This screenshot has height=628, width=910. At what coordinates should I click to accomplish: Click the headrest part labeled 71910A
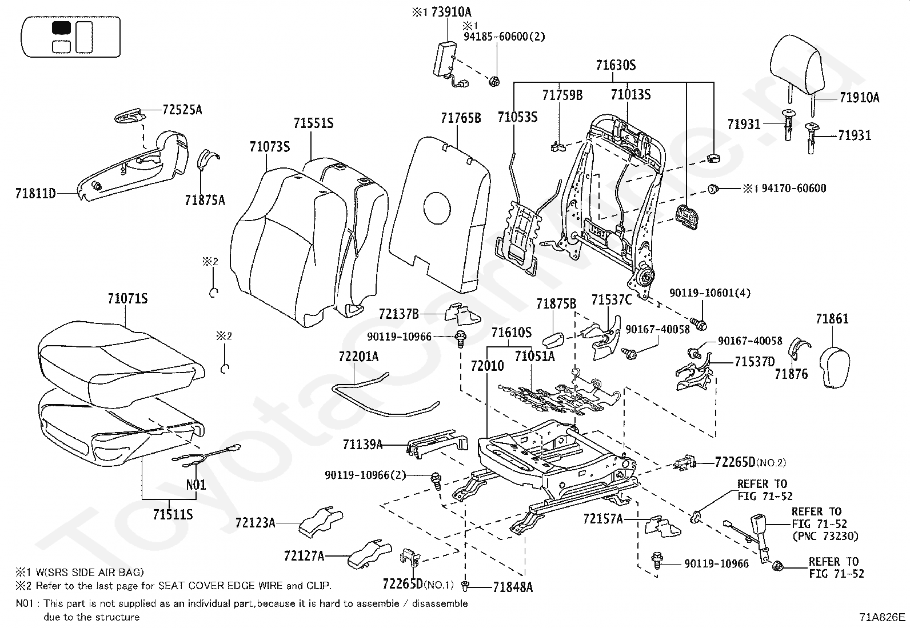pyautogui.click(x=796, y=67)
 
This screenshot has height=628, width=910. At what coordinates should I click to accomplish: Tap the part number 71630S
pyautogui.click(x=616, y=65)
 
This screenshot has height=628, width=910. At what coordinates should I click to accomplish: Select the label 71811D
pyautogui.click(x=35, y=193)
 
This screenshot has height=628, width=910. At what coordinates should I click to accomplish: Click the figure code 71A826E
pyautogui.click(x=882, y=617)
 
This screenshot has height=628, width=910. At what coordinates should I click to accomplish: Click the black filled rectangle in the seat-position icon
pyautogui.click(x=61, y=28)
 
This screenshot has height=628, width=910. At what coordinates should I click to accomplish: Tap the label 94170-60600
pyautogui.click(x=794, y=189)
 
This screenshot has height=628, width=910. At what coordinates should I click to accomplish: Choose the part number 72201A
pyautogui.click(x=359, y=357)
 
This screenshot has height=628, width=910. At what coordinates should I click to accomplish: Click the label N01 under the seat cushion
pyautogui.click(x=196, y=485)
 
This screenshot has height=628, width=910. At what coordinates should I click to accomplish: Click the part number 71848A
pyautogui.click(x=513, y=587)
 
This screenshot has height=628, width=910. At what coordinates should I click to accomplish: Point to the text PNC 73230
pyautogui.click(x=825, y=536)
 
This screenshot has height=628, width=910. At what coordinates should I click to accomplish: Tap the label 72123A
pyautogui.click(x=255, y=522)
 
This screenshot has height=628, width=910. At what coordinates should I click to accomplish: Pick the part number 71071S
pyautogui.click(x=127, y=299)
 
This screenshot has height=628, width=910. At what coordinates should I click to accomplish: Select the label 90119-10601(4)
pyautogui.click(x=710, y=293)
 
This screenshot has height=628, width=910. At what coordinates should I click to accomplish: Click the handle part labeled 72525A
pyautogui.click(x=130, y=116)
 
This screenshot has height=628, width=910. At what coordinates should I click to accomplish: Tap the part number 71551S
pyautogui.click(x=313, y=123)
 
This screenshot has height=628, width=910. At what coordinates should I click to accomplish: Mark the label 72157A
pyautogui.click(x=603, y=519)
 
